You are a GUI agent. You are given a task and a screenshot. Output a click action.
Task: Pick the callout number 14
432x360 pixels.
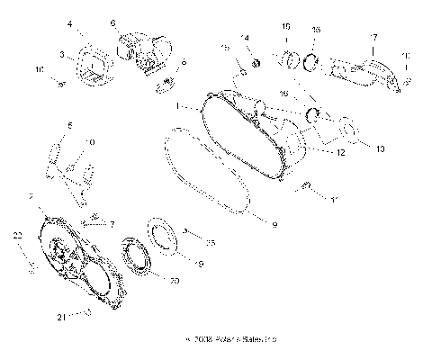coord(244,38)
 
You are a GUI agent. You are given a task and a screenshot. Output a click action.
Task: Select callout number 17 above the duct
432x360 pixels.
coord(373,38)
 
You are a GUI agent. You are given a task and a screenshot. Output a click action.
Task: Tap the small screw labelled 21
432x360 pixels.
coord(87,313)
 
